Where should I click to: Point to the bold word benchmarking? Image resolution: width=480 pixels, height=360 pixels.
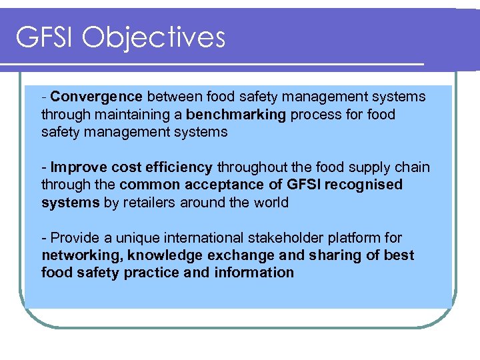click(x=236, y=114)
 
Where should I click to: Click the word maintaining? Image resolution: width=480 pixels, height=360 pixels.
click(x=121, y=114)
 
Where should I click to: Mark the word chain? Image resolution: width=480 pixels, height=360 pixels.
click(x=413, y=167)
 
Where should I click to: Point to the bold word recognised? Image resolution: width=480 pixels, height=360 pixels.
click(x=364, y=185)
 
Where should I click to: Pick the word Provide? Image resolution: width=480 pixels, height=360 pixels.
click(x=75, y=237)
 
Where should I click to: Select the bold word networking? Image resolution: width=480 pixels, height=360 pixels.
click(x=81, y=255)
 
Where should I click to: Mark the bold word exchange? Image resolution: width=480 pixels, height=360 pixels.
click(x=233, y=255)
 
